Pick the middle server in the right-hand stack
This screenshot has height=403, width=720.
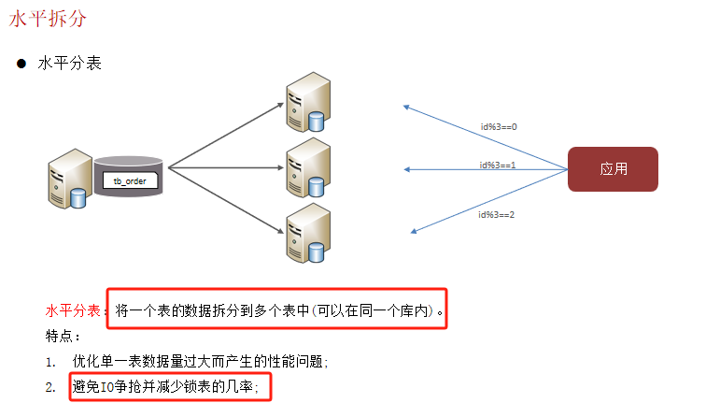click(x=309, y=167)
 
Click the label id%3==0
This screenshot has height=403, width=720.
click(x=498, y=126)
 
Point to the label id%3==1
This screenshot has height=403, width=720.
click(x=498, y=165)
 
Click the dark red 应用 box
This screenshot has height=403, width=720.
click(x=614, y=169)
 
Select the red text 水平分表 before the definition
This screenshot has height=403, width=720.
click(x=76, y=310)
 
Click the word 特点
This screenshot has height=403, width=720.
click(x=63, y=336)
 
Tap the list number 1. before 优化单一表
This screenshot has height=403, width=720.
click(x=50, y=361)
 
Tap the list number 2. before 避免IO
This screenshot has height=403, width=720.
click(x=50, y=387)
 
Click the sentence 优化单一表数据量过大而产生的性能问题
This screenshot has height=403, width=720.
click(x=200, y=361)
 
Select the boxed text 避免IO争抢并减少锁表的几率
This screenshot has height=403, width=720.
click(x=164, y=387)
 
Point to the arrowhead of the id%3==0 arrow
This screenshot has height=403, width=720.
click(x=405, y=107)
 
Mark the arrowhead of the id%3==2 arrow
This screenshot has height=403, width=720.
click(x=414, y=231)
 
